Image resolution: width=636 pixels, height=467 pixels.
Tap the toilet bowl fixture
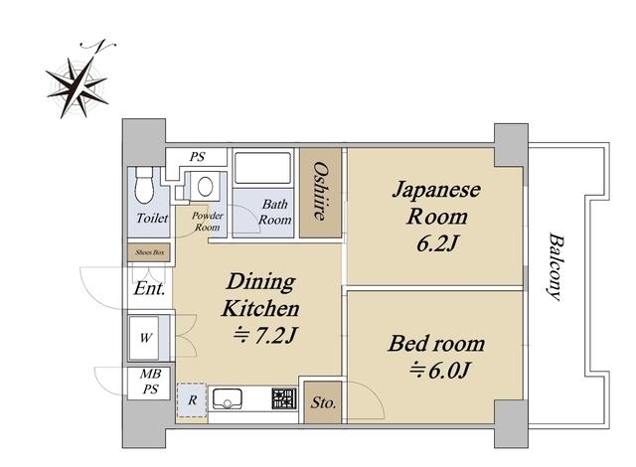pyautogui.click(x=144, y=185)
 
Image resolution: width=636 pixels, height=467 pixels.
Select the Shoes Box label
pyautogui.click(x=150, y=252)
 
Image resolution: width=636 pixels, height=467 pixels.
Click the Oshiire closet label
pyautogui.click(x=320, y=191)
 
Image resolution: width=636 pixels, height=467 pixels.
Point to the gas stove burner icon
pyautogui.click(x=284, y=398)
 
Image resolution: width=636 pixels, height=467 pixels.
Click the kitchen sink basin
pyautogui.click(x=228, y=398)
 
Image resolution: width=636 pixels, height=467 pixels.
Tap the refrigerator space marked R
pyautogui.click(x=192, y=400)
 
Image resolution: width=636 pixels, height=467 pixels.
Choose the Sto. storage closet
pyautogui.click(x=323, y=402)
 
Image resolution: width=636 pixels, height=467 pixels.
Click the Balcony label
pyautogui.click(x=555, y=266)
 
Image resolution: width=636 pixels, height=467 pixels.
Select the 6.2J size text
pyautogui.click(x=437, y=243)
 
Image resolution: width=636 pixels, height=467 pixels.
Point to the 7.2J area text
pyautogui.click(x=265, y=335)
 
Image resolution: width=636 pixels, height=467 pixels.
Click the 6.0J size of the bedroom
pyautogui.click(x=439, y=370)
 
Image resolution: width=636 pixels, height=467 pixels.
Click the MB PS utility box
pyautogui.click(x=150, y=382)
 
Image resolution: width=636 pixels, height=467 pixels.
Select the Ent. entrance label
pyautogui.click(x=149, y=288)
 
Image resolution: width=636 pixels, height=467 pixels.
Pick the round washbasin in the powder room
pyautogui.click(x=206, y=187)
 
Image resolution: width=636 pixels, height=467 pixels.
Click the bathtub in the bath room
pyautogui.click(x=262, y=168)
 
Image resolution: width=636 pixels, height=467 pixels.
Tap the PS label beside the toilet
pyautogui.click(x=198, y=156)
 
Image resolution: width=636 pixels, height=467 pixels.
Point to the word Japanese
pyautogui.click(x=436, y=191)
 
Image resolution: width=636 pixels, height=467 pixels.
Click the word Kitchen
pyautogui.click(x=260, y=308)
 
